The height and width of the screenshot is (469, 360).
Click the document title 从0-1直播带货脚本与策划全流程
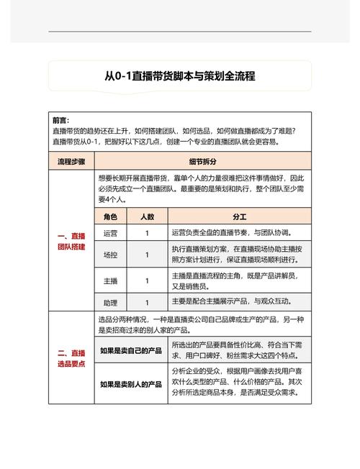click(180, 76)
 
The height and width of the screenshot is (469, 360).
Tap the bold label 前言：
click(61, 120)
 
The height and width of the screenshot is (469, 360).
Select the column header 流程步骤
click(71, 162)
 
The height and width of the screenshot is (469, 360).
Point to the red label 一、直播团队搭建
click(71, 241)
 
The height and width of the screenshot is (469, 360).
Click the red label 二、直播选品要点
click(71, 358)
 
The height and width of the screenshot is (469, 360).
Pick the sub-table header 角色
click(110, 216)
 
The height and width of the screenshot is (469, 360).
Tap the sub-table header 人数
click(147, 216)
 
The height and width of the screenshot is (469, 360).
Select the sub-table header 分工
click(239, 216)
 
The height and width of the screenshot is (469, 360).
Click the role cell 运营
click(110, 233)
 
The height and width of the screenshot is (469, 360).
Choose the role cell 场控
click(110, 255)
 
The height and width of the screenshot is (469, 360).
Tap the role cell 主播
click(110, 280)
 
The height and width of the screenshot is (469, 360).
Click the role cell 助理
click(110, 302)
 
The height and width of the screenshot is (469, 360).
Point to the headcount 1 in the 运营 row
click(147, 233)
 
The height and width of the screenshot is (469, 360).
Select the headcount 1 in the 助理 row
click(147, 302)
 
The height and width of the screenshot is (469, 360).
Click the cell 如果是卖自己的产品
click(131, 351)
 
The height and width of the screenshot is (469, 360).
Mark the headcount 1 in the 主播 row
click(147, 280)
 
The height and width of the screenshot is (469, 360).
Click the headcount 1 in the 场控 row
click(147, 255)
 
